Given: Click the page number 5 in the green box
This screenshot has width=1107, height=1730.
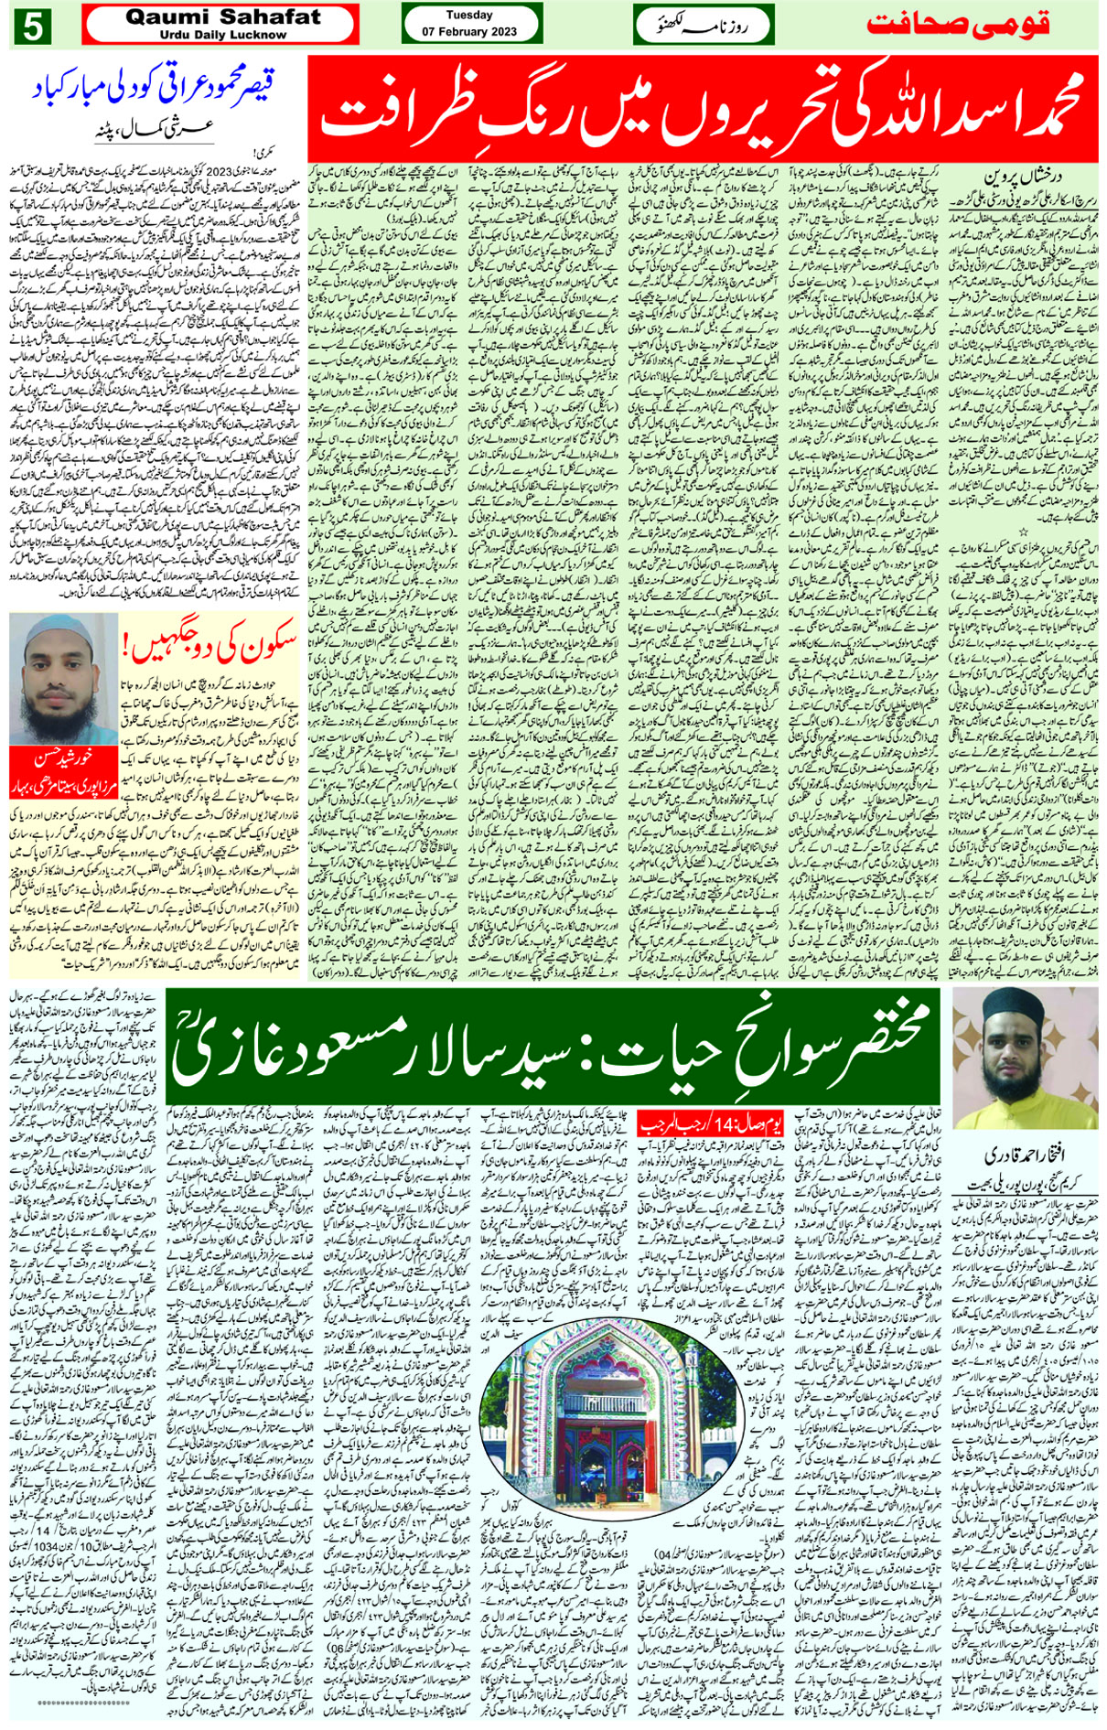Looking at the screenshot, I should [x=31, y=27].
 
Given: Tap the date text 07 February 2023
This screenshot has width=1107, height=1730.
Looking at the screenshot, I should [x=469, y=32].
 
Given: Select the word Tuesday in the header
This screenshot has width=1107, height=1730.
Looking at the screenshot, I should [x=469, y=15].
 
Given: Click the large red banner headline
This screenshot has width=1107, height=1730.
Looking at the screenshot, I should [x=702, y=109].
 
